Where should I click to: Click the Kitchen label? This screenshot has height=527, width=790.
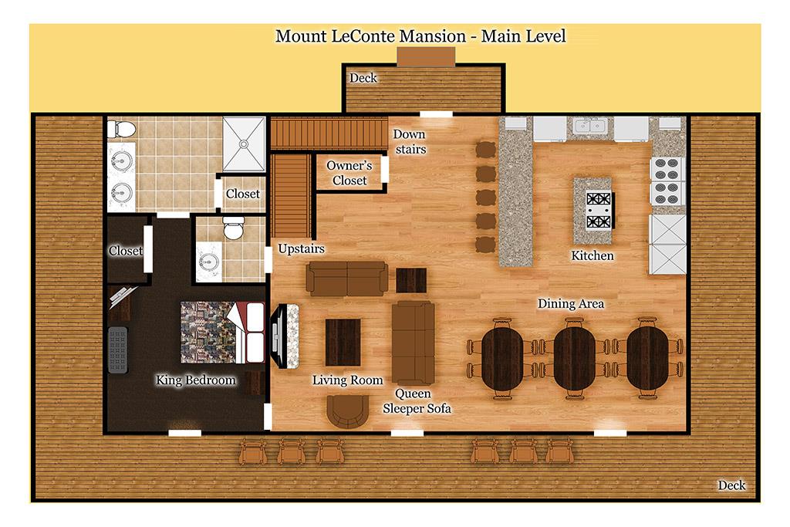pyautogui.click(x=592, y=255)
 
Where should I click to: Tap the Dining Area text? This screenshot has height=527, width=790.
pyautogui.click(x=570, y=303)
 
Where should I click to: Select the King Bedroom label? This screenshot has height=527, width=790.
pyautogui.click(x=195, y=380)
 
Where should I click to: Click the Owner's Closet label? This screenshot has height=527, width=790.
pyautogui.click(x=349, y=173)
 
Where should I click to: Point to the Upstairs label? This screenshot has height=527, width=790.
pyautogui.click(x=302, y=249)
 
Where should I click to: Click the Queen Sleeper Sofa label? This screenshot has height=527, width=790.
pyautogui.click(x=417, y=401)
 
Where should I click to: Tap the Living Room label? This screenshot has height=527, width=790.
pyautogui.click(x=347, y=380)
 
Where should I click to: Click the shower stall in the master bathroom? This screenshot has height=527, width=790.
pyautogui.click(x=244, y=144)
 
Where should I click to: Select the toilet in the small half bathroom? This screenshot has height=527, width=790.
pyautogui.click(x=234, y=228)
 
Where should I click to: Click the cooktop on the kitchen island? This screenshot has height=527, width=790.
pyautogui.click(x=599, y=210)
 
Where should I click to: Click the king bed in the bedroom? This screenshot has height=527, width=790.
pyautogui.click(x=222, y=332)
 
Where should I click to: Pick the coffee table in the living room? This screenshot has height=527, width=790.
pyautogui.click(x=343, y=342)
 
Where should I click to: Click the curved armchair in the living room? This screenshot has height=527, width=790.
pyautogui.click(x=347, y=411)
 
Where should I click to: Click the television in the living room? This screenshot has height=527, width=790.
pyautogui.click(x=276, y=335)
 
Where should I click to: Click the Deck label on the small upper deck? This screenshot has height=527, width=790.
pyautogui.click(x=363, y=78)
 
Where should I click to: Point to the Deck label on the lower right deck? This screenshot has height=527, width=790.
pyautogui.click(x=731, y=485)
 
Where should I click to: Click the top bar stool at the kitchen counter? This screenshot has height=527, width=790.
pyautogui.click(x=486, y=150)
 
